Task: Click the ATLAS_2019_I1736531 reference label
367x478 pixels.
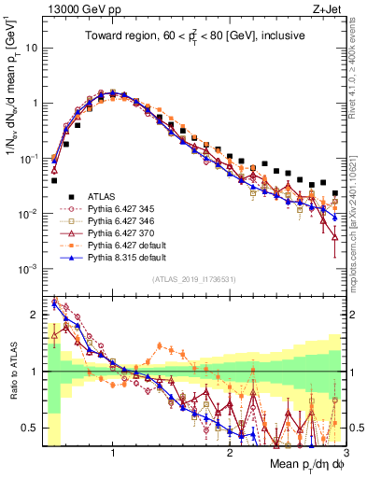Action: (x=194, y=279)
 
